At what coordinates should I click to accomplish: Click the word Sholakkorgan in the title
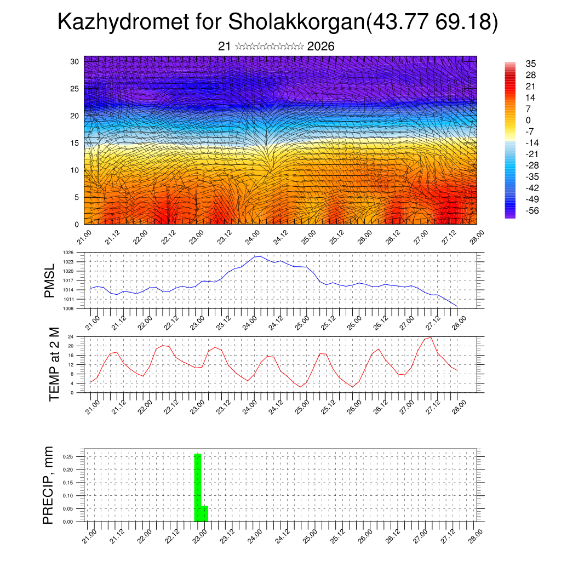295,22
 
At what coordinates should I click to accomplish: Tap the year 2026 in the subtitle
321,47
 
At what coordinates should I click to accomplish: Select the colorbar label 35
530,64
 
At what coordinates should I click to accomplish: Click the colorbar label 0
528,121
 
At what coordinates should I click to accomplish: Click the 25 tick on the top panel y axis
75,88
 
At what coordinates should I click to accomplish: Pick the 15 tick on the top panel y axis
75,143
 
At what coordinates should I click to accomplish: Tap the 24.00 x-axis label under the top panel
253,237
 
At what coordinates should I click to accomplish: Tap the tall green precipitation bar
198,488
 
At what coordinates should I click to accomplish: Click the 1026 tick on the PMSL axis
68,253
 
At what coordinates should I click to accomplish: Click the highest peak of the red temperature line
431,337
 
